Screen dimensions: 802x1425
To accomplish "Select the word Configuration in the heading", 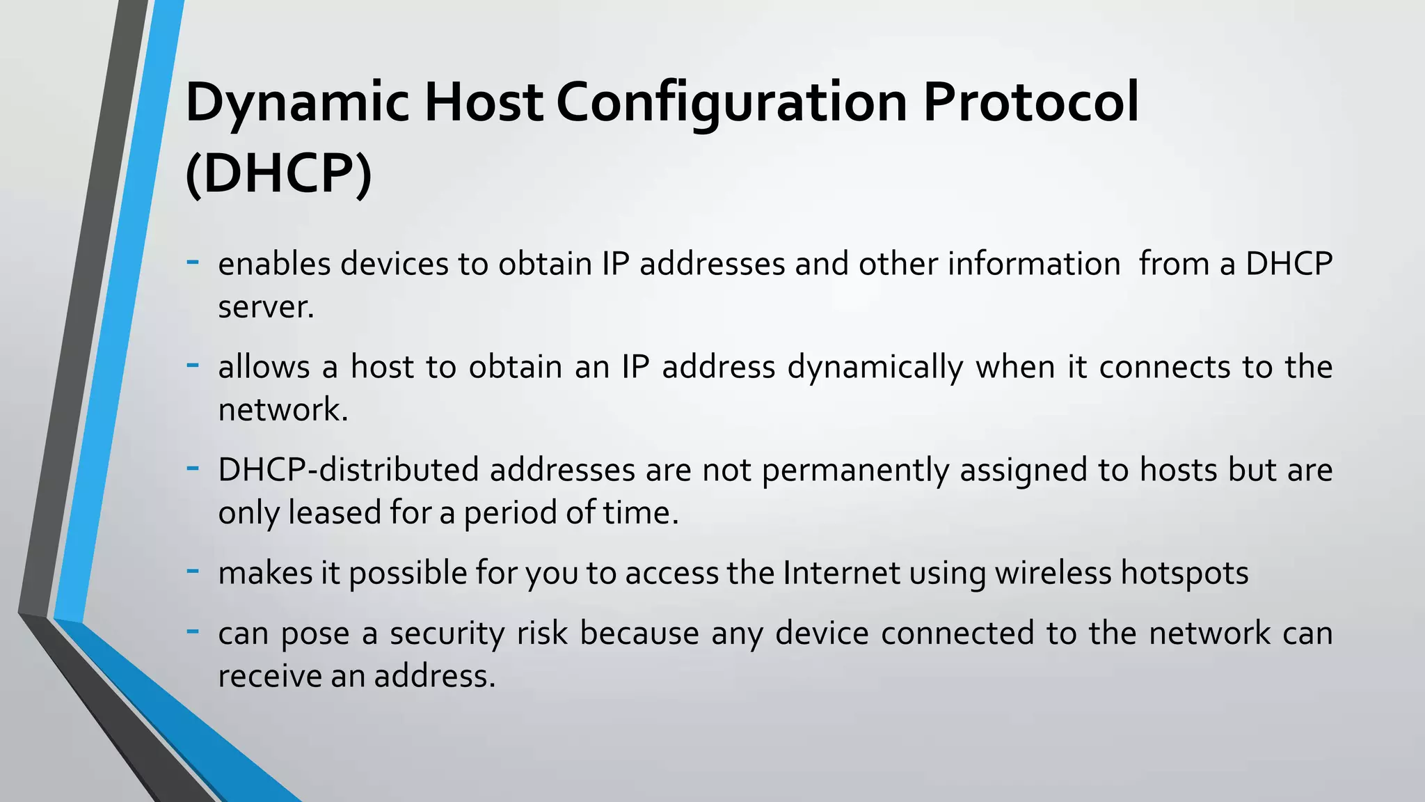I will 731,103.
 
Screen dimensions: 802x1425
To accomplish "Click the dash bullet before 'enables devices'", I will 193,262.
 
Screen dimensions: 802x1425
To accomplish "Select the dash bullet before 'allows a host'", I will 193,364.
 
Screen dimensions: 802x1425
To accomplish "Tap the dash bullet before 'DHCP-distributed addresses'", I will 193,467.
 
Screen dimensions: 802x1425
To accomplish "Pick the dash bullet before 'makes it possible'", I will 193,571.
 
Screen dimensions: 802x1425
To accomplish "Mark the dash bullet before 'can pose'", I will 193,631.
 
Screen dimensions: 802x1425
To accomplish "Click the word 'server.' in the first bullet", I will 266,307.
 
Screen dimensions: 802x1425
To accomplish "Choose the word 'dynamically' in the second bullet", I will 875,368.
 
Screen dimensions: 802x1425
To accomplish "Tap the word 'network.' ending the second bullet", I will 282,409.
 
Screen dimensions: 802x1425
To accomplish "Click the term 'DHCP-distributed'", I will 349,470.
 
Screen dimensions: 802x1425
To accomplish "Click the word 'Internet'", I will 841,573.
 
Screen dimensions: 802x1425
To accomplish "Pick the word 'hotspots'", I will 1184,574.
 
